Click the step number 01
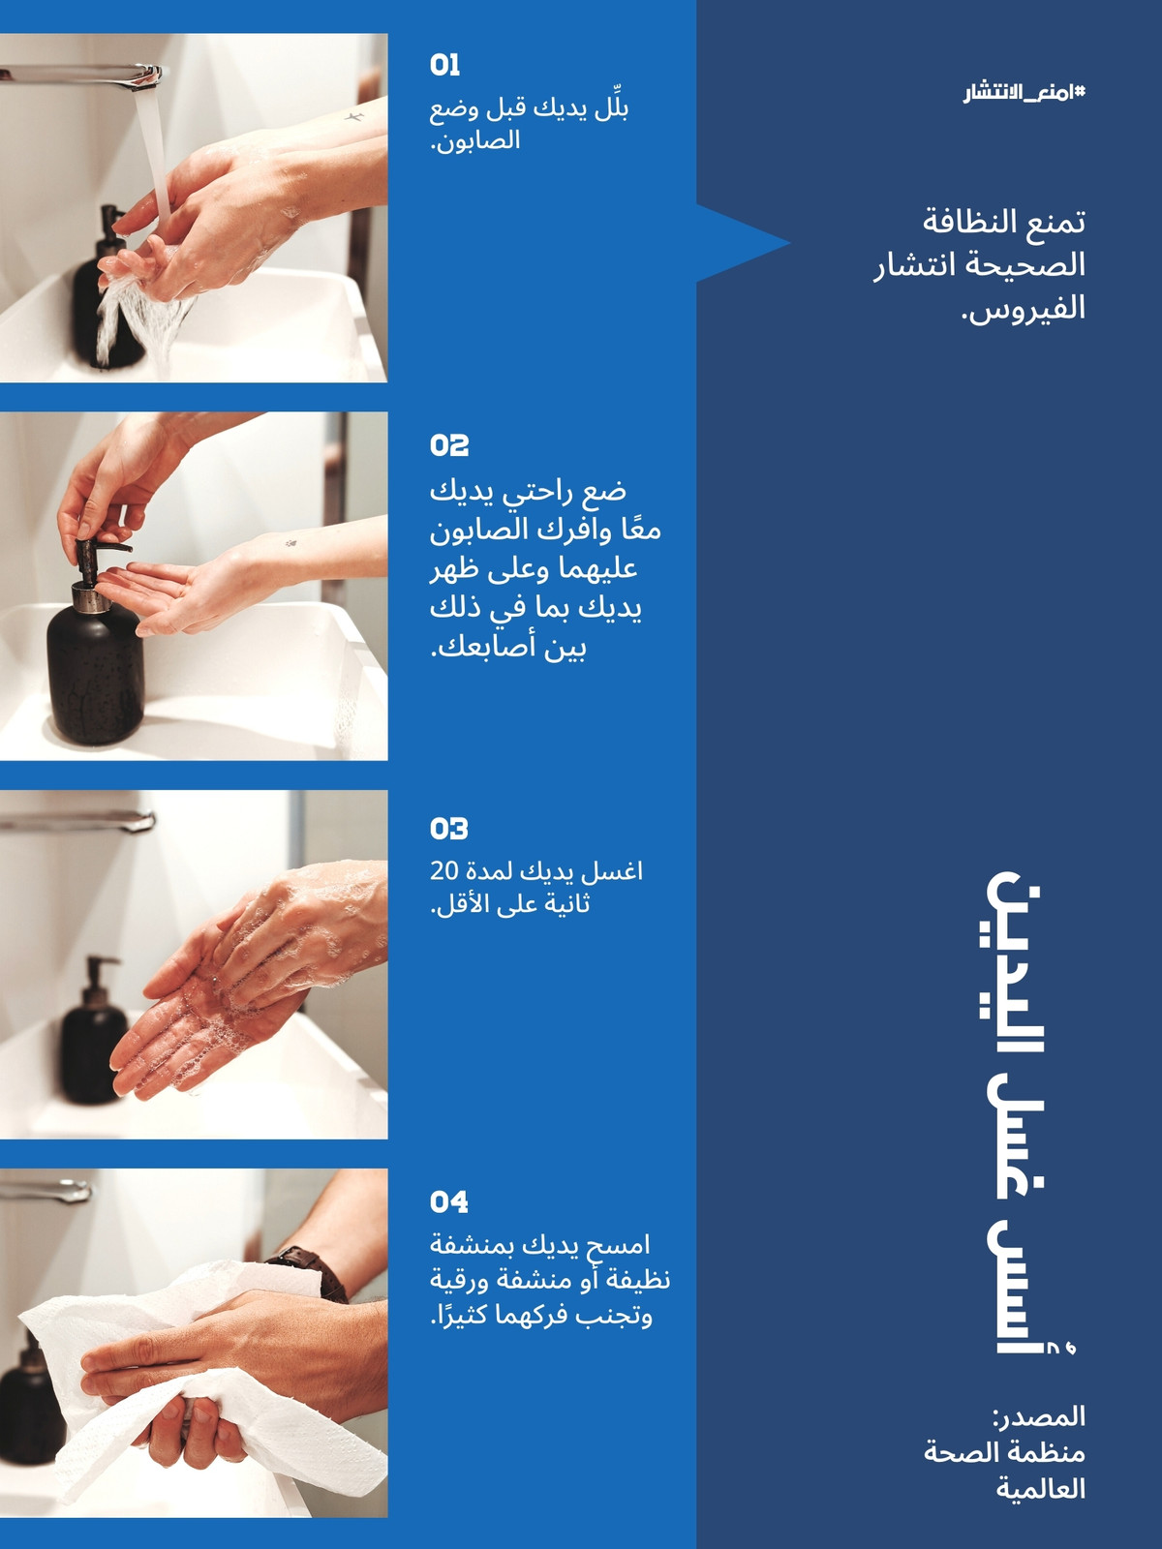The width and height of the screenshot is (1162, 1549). point(444,65)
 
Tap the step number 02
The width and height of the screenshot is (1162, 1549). point(448,445)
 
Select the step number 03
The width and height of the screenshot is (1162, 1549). point(448,829)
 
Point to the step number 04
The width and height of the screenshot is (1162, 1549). point(448,1201)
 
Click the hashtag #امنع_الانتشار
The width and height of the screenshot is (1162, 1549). point(1024,92)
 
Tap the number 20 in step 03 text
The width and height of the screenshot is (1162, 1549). point(444,871)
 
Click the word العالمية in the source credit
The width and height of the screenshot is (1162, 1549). point(1041,1489)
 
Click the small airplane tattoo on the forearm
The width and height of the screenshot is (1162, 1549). point(354,116)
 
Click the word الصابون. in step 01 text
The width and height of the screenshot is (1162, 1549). point(475,141)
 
